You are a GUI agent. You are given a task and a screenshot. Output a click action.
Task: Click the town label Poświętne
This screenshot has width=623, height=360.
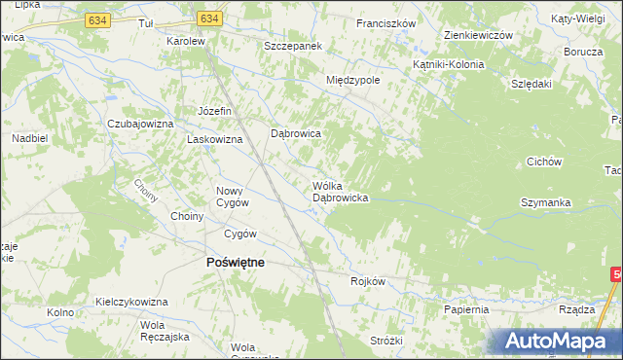234,262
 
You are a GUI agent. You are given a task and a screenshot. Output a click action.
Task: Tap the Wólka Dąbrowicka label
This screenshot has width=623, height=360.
339,192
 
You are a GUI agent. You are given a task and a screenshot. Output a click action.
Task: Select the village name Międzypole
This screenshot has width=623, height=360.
353,80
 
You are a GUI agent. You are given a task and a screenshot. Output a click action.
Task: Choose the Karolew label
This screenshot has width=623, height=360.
185,42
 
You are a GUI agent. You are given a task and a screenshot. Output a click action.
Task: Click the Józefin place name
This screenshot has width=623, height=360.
214,111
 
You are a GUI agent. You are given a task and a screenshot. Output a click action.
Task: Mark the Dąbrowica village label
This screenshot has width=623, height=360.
296,133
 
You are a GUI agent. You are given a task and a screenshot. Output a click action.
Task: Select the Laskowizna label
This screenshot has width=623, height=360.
213,139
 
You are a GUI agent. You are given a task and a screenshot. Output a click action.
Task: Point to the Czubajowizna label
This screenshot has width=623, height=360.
140,125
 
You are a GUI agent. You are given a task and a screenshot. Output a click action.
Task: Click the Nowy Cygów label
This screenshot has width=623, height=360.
233,197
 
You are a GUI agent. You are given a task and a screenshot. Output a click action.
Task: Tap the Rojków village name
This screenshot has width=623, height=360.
369,281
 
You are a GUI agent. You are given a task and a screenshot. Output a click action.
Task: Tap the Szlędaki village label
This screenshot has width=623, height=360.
531,84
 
